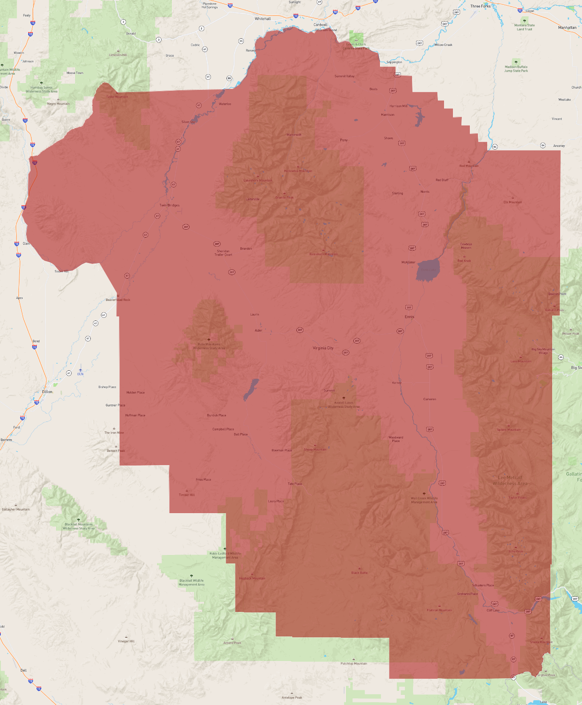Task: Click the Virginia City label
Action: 323,348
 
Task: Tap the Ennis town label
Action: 409,317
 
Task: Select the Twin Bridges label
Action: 170,205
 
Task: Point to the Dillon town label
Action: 47,392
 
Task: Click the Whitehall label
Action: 263,19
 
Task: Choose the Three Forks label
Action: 480,6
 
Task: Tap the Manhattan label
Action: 567,28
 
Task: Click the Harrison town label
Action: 388,115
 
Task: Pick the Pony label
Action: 344,140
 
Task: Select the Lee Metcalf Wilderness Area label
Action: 510,480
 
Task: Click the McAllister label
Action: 408,262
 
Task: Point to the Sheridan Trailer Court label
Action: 223,253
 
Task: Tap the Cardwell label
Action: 320,25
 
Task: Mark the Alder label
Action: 259,331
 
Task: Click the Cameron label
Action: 430,399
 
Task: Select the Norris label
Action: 425,192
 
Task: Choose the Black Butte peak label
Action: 360,573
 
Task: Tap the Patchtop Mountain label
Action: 354,664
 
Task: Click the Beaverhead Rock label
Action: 118,300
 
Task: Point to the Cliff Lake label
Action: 493,610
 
